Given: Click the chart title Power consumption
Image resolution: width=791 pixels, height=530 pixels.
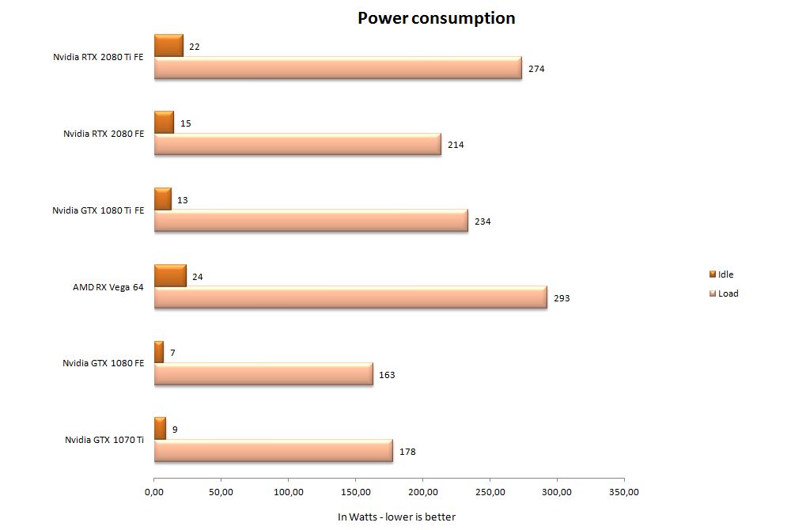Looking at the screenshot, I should coord(436,17).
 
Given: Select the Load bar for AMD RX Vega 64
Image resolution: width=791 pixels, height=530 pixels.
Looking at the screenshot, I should coord(350,297).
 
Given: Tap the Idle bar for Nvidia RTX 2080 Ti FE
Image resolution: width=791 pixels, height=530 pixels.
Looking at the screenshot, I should coord(168,46).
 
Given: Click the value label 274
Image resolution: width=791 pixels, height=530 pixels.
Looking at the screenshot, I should coord(537,69).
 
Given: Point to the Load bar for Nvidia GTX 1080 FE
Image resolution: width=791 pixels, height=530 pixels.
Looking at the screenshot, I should coord(263,374).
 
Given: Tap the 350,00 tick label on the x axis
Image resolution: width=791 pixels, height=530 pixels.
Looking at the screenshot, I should coord(623,492).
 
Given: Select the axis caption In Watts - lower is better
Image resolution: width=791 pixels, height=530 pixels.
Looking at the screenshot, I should coord(396,517).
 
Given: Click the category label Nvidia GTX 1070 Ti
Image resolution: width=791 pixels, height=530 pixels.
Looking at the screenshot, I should coord(104,439).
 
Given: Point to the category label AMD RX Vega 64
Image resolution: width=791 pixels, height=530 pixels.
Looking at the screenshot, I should coord(108,287).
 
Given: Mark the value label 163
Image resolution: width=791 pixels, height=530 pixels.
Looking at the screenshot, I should coord(386,375).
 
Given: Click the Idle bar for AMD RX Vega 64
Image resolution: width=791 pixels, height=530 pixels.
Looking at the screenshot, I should coord(170,276).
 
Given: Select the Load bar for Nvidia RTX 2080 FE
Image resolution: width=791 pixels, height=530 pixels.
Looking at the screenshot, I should coord(297,144).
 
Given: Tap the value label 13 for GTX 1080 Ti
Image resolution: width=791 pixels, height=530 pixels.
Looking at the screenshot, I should coord(183,200).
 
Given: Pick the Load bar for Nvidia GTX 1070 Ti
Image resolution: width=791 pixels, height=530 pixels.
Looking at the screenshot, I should coord(273,451).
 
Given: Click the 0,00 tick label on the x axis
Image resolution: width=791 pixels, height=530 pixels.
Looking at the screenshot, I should coord(154,492).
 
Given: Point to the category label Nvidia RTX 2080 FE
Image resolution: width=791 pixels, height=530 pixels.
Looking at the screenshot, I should coord(104,134).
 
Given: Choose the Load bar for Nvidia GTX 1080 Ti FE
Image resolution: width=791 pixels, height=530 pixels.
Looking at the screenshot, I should coord(311,221).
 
